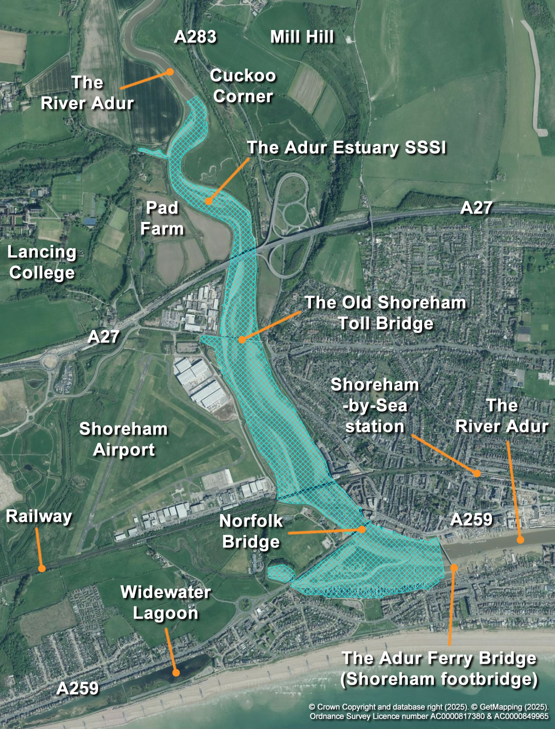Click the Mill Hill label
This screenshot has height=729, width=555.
[x=302, y=37]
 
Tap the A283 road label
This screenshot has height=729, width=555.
[x=195, y=37]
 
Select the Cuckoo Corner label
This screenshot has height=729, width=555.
[x=243, y=86]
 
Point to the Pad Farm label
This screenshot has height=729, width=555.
[x=162, y=218]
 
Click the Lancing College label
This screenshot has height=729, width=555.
[x=42, y=262]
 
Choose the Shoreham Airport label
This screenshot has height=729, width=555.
[x=123, y=439]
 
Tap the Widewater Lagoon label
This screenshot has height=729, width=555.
[x=165, y=602]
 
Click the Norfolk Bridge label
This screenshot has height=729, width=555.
[x=251, y=531]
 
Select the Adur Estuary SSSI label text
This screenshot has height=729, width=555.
[x=346, y=148]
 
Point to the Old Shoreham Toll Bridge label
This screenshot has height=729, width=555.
[x=385, y=313]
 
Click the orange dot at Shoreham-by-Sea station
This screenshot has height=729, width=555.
[x=477, y=473]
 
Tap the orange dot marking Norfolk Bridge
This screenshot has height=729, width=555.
[x=362, y=529]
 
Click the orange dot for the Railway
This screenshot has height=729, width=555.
[x=42, y=568]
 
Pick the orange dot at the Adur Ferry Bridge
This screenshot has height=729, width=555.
[x=454, y=567]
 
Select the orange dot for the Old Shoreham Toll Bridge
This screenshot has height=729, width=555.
[x=242, y=340]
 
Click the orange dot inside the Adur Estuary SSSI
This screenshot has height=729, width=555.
[x=208, y=201]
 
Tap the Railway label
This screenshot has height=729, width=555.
[x=39, y=516]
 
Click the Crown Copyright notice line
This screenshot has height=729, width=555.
[x=429, y=706]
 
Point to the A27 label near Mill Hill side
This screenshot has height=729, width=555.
[x=476, y=208]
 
